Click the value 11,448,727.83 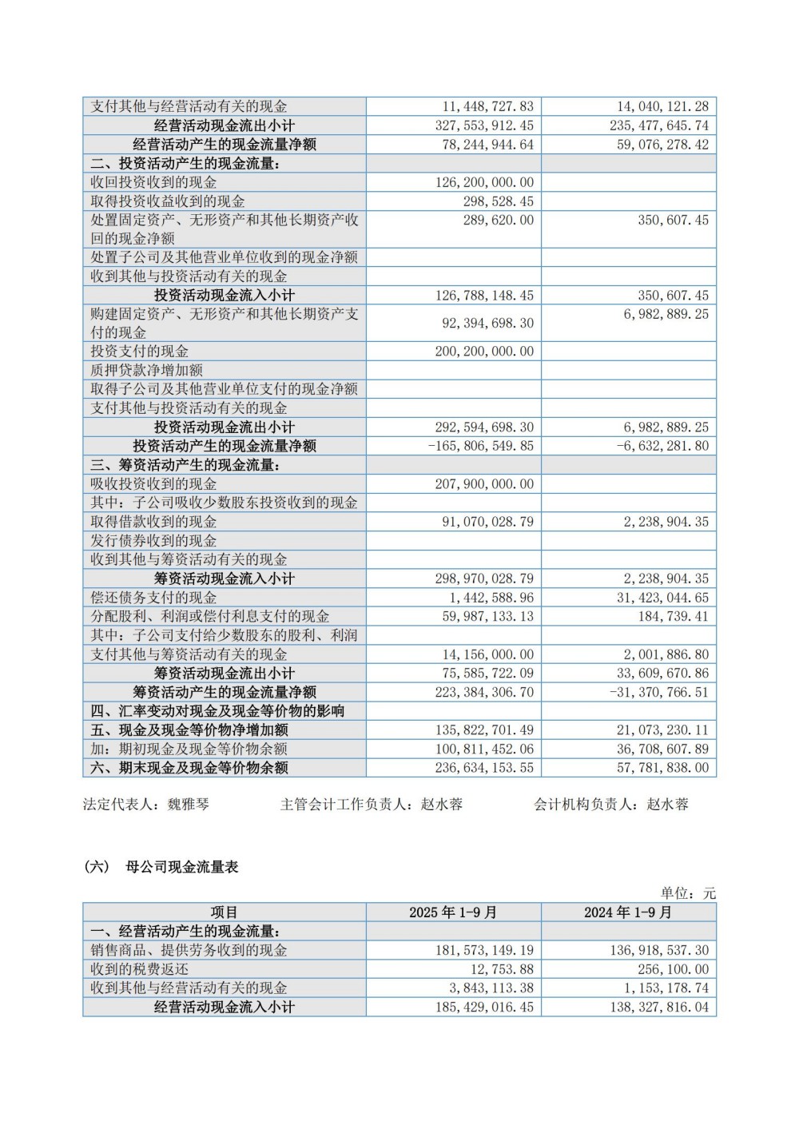487,106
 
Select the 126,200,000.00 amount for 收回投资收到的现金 484,182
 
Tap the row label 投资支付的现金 140,352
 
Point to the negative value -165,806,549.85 480,446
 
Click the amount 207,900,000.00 484,484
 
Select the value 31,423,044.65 662,598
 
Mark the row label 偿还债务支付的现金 153,598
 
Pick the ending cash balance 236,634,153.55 484,768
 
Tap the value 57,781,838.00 662,768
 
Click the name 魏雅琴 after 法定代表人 188,805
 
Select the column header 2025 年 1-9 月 453,912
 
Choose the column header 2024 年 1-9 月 628,912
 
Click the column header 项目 225,912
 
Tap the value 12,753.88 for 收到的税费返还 498,969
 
